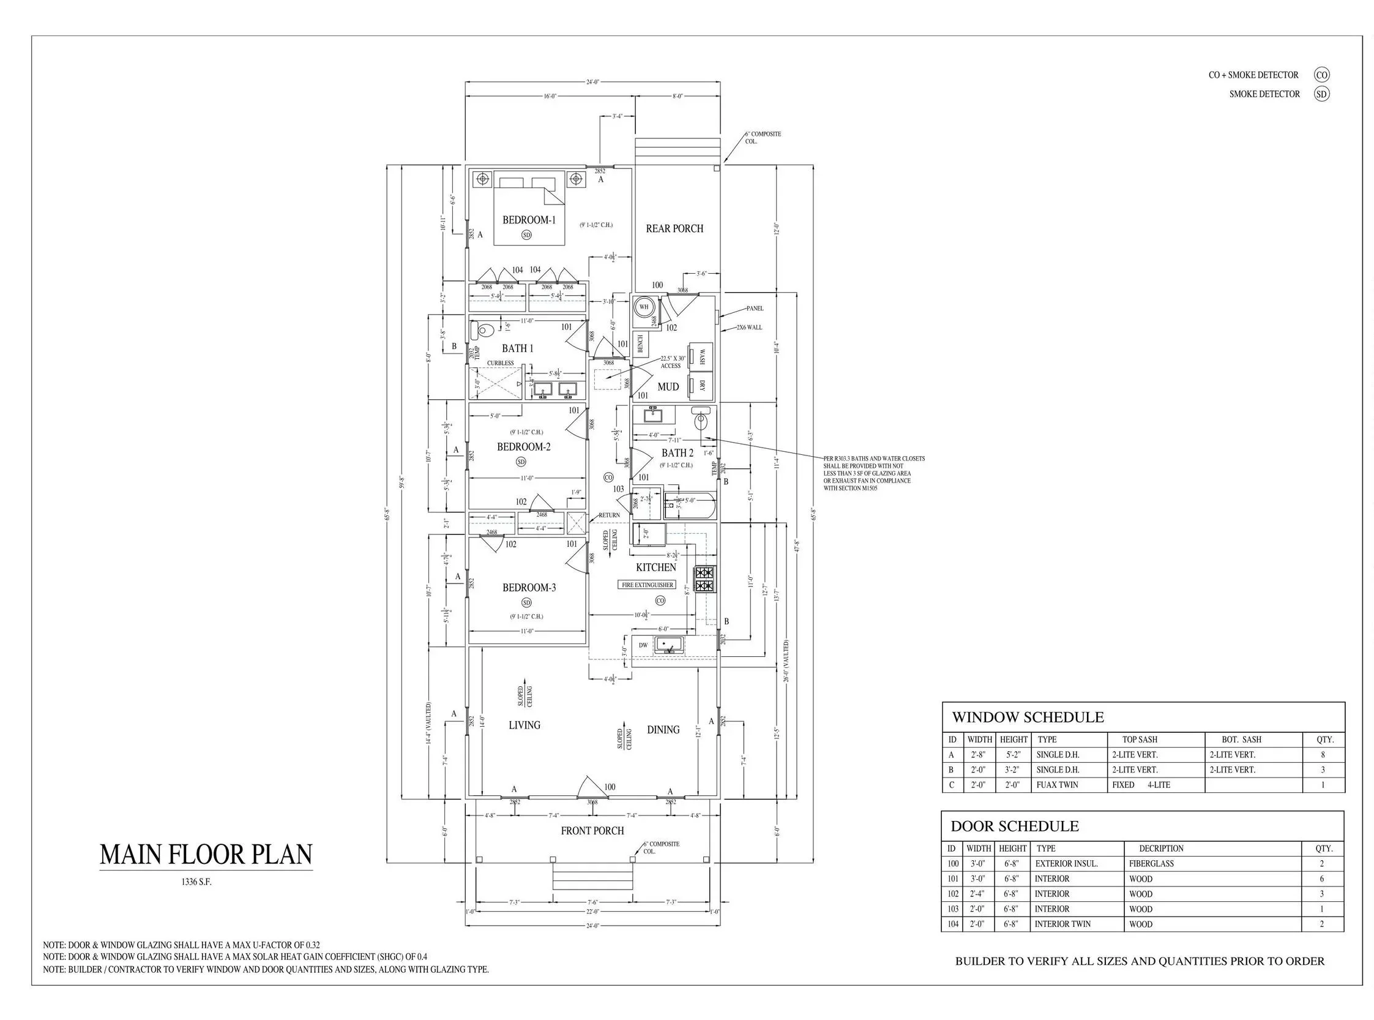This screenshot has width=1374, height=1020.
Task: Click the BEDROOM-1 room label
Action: (528, 220)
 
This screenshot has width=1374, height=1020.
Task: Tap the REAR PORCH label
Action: (674, 228)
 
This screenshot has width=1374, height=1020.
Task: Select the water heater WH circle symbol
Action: (643, 307)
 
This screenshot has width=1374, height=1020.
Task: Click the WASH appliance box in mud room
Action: (701, 356)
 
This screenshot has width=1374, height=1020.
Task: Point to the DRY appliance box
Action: (701, 385)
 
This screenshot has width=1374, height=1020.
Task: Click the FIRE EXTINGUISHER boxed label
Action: (647, 585)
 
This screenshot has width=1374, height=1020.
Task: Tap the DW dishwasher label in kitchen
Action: (643, 645)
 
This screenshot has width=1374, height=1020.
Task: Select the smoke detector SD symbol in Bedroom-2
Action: (520, 462)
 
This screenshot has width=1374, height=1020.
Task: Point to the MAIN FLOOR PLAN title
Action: (206, 855)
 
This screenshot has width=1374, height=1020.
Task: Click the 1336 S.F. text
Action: (196, 882)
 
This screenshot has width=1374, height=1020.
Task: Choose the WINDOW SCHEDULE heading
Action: (1027, 718)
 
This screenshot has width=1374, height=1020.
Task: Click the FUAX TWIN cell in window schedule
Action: (1057, 785)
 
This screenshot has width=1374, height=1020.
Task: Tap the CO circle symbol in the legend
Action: (1321, 75)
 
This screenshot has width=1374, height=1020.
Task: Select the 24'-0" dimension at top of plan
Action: (592, 81)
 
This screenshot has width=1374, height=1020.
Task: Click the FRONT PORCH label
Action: (592, 831)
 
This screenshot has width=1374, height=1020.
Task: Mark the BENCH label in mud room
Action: (640, 343)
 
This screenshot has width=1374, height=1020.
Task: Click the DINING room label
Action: (663, 730)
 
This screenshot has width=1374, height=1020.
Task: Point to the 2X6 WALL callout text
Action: (749, 327)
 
